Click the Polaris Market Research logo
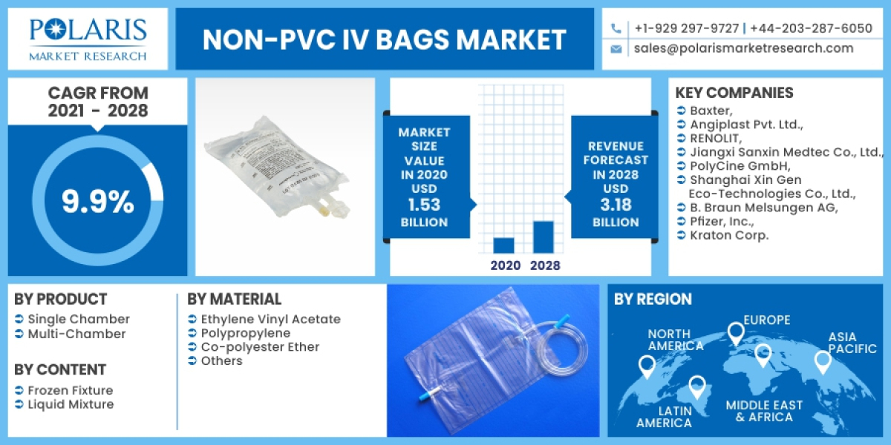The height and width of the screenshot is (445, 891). pos(88,39)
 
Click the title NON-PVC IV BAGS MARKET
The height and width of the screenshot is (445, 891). pos(384,39)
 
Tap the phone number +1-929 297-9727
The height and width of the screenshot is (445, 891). pos(686,28)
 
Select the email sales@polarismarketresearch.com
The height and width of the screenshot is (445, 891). pos(743,48)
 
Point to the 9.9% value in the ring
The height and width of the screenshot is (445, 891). pos(97,201)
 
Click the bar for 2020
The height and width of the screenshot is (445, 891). pos(503,245)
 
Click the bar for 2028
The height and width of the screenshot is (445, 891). pos(544,237)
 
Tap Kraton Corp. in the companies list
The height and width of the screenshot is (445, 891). pos(729,235)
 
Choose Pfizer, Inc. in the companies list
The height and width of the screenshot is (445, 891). pos(722,221)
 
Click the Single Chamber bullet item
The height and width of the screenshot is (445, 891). pos(78,320)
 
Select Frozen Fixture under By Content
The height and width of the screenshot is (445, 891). pos(70,390)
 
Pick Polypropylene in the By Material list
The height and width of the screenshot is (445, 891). pos(245,333)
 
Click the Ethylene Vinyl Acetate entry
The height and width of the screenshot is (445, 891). pos(270,320)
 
